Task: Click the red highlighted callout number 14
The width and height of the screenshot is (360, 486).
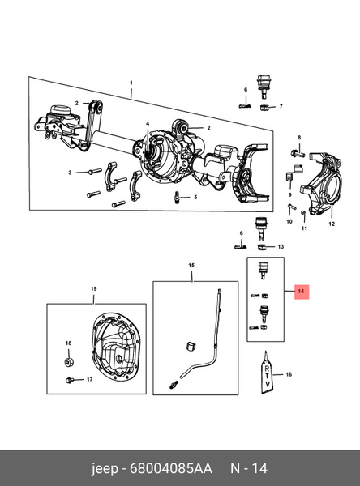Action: point(301,292)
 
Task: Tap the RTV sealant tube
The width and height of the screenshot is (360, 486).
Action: point(267,373)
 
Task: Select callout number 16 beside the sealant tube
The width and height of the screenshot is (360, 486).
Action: point(289,374)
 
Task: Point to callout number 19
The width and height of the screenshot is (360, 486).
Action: point(94,289)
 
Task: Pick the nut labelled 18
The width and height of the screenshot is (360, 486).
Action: point(69,361)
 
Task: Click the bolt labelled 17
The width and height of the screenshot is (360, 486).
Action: point(70,380)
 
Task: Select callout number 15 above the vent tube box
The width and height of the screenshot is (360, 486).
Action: point(191,266)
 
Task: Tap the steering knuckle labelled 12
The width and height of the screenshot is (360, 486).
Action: point(321,183)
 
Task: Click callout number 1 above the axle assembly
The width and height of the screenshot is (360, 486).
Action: point(131,83)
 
